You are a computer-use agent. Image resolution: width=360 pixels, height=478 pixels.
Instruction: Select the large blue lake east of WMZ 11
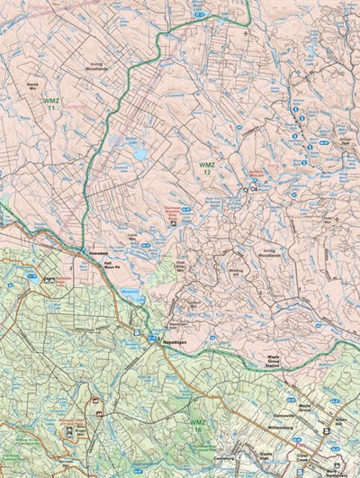click(x=139, y=154)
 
